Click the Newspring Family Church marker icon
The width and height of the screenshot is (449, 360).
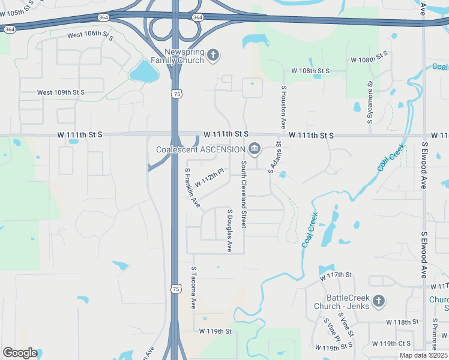click(213, 56)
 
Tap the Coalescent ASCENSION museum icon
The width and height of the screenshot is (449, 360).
click(255, 149)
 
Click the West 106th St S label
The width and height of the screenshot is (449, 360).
click(91, 35)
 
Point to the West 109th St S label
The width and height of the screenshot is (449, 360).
click(61, 92)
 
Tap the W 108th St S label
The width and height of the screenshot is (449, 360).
click(311, 71)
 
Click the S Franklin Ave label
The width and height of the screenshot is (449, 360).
click(191, 188)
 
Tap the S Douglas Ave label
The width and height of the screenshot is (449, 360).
click(229, 230)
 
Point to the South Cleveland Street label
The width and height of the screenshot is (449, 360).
click(244, 194)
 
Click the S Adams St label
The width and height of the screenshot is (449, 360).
click(275, 158)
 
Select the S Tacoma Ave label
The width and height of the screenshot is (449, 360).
click(193, 287)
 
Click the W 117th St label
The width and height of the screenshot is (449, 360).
click(335, 275)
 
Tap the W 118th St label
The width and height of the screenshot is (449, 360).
click(402, 322)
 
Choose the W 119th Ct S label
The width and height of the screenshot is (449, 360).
click(391, 344)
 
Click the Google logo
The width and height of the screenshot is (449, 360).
click(20, 353)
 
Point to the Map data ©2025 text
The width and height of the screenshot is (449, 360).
click(423, 355)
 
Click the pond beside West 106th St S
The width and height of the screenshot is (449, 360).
click(144, 71)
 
